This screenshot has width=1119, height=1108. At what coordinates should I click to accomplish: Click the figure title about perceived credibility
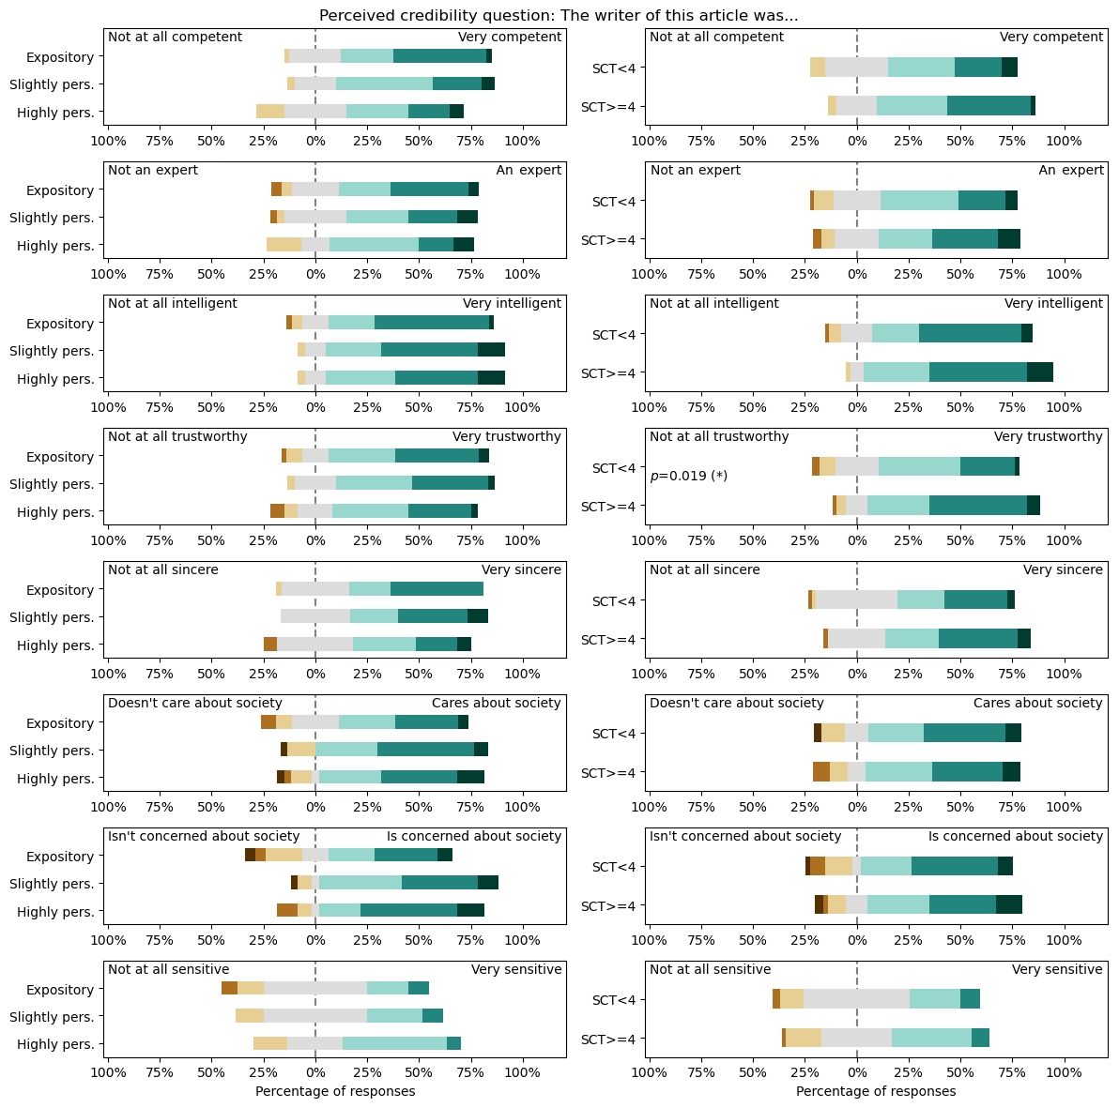559,16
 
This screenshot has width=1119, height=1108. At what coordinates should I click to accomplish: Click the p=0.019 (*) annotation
688,476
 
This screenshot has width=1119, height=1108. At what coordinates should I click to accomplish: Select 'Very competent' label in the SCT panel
1051,37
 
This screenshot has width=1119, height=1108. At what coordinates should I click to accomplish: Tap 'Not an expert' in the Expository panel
153,170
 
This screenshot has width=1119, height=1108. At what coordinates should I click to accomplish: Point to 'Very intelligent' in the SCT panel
1053,303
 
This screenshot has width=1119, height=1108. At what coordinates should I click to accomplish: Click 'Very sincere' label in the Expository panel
521,569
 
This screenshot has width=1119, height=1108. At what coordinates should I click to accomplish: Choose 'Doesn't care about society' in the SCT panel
736,703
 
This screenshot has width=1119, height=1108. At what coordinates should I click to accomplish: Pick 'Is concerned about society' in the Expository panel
474,836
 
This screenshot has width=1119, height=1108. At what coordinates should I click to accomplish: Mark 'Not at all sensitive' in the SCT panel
710,969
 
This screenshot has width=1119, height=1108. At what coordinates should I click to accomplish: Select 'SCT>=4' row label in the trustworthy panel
609,507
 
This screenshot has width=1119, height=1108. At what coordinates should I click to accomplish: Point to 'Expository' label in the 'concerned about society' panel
60,857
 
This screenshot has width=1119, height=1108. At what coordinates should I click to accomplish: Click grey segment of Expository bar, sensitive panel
315,988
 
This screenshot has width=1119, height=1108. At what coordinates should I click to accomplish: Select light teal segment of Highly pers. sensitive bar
394,1043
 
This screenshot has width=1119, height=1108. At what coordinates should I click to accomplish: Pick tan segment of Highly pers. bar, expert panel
284,245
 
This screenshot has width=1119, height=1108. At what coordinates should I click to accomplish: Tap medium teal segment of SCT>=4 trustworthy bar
977,506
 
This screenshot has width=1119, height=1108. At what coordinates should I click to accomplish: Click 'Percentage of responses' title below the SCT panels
875,1091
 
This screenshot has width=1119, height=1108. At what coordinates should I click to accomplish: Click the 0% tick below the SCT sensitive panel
856,1071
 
